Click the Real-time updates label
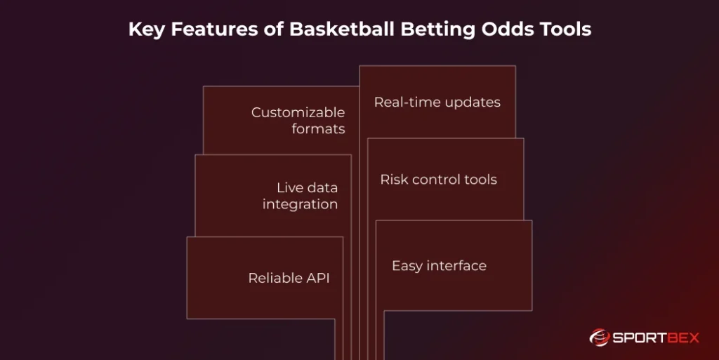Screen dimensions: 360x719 click(x=437, y=102)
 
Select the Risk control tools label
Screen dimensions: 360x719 click(x=438, y=180)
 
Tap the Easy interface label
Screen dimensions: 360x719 click(x=439, y=266)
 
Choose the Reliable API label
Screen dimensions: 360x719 click(x=289, y=278)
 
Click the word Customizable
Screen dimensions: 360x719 click(x=298, y=112)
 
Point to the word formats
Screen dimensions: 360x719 click(x=318, y=129)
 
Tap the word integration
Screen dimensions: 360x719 click(x=300, y=204)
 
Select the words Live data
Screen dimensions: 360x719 click(x=307, y=187)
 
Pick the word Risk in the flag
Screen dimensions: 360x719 click(x=393, y=180)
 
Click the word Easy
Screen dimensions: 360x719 click(x=407, y=266)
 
